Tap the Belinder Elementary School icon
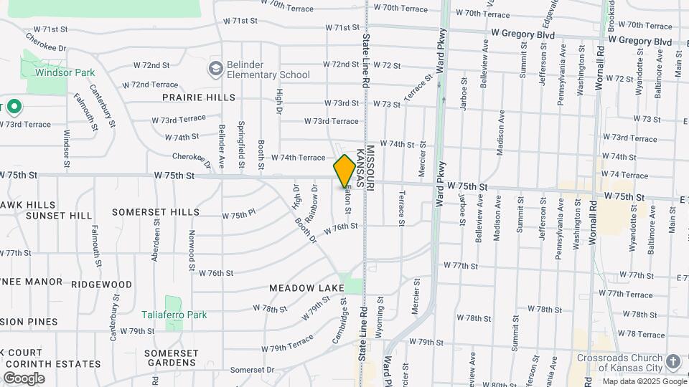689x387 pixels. coord(215,69)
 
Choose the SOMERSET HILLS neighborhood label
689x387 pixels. coord(156,212)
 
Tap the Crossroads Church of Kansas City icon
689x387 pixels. coord(672,362)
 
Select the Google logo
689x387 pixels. coord(24,378)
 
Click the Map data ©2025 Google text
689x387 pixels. coord(644,381)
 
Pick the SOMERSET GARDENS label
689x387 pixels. coord(171,358)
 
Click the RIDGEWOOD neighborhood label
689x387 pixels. coord(101,285)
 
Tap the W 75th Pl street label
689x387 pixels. coord(239,215)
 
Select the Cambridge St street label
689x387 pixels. coord(339,322)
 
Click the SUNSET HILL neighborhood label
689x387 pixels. coord(59,215)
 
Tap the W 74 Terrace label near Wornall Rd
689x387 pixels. coord(624,175)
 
